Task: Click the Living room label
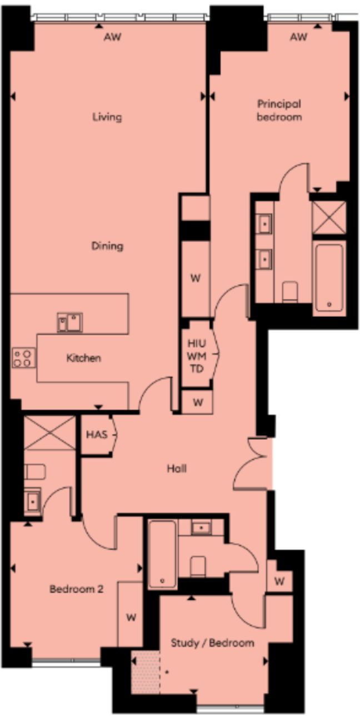pyautogui.click(x=107, y=117)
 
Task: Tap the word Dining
pyautogui.click(x=107, y=246)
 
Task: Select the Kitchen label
pyautogui.click(x=84, y=358)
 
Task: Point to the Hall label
pyautogui.click(x=177, y=469)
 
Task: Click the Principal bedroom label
pyautogui.click(x=279, y=110)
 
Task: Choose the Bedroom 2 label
pyautogui.click(x=77, y=589)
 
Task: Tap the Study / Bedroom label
pyautogui.click(x=212, y=643)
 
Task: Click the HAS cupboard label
pyautogui.click(x=97, y=435)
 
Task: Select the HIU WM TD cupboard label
pyautogui.click(x=197, y=356)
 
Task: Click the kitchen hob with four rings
pyautogui.click(x=24, y=358)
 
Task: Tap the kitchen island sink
pyautogui.click(x=70, y=322)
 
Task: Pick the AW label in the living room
pyautogui.click(x=112, y=37)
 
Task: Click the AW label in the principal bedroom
pyautogui.click(x=298, y=37)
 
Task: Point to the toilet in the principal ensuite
pyautogui.click(x=290, y=291)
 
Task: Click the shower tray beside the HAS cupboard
pyautogui.click(x=49, y=433)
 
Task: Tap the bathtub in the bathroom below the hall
pyautogui.click(x=162, y=554)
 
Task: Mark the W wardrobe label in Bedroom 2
pyautogui.click(x=131, y=618)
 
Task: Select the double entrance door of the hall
pyautogui.click(x=252, y=463)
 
